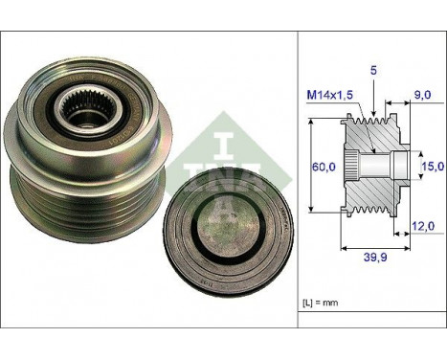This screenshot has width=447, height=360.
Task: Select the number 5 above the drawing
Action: [x=371, y=69]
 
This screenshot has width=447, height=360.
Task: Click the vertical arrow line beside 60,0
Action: [x=313, y=166]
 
